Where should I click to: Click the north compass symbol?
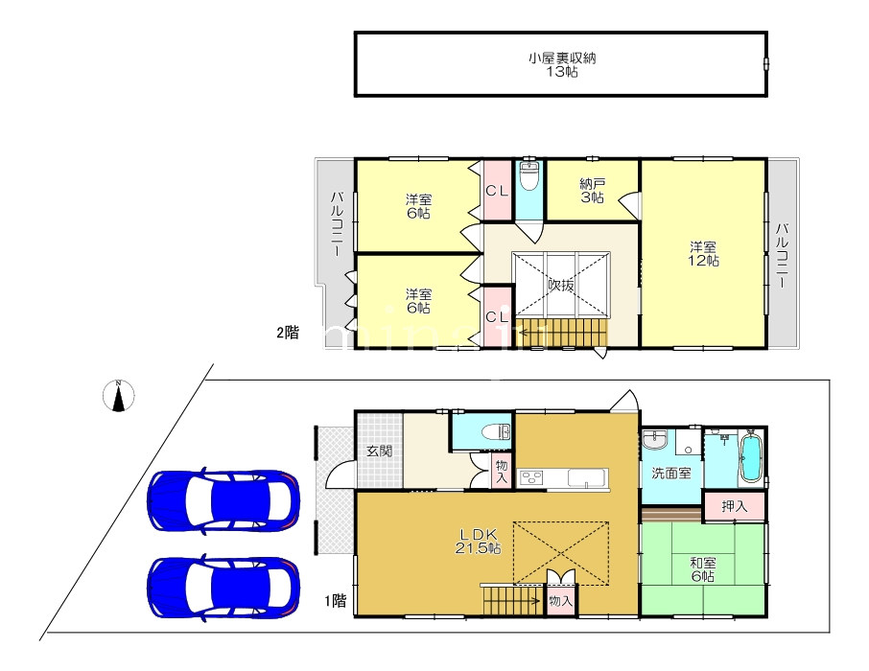pos(119,396)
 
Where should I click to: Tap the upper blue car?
pos(223,500)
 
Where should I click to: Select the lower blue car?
pos(223,588)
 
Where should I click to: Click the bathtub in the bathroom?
pos(751,458)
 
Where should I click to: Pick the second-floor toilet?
pos(529,175)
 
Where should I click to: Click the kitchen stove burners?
pos(532,477)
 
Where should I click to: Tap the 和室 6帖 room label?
pos(702,569)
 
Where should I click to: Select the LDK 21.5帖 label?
pos(479,542)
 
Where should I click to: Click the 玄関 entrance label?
pos(379,451)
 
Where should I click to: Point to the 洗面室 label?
pos(671,474)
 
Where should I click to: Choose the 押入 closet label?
pos(735,506)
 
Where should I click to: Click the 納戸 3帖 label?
pos(593,191)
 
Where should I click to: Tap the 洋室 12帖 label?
pos(703,254)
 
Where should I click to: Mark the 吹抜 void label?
pos(561,286)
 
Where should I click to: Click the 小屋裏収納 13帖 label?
pos(561,65)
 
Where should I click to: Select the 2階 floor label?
pos(288,333)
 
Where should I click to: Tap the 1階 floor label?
pos(336,601)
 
